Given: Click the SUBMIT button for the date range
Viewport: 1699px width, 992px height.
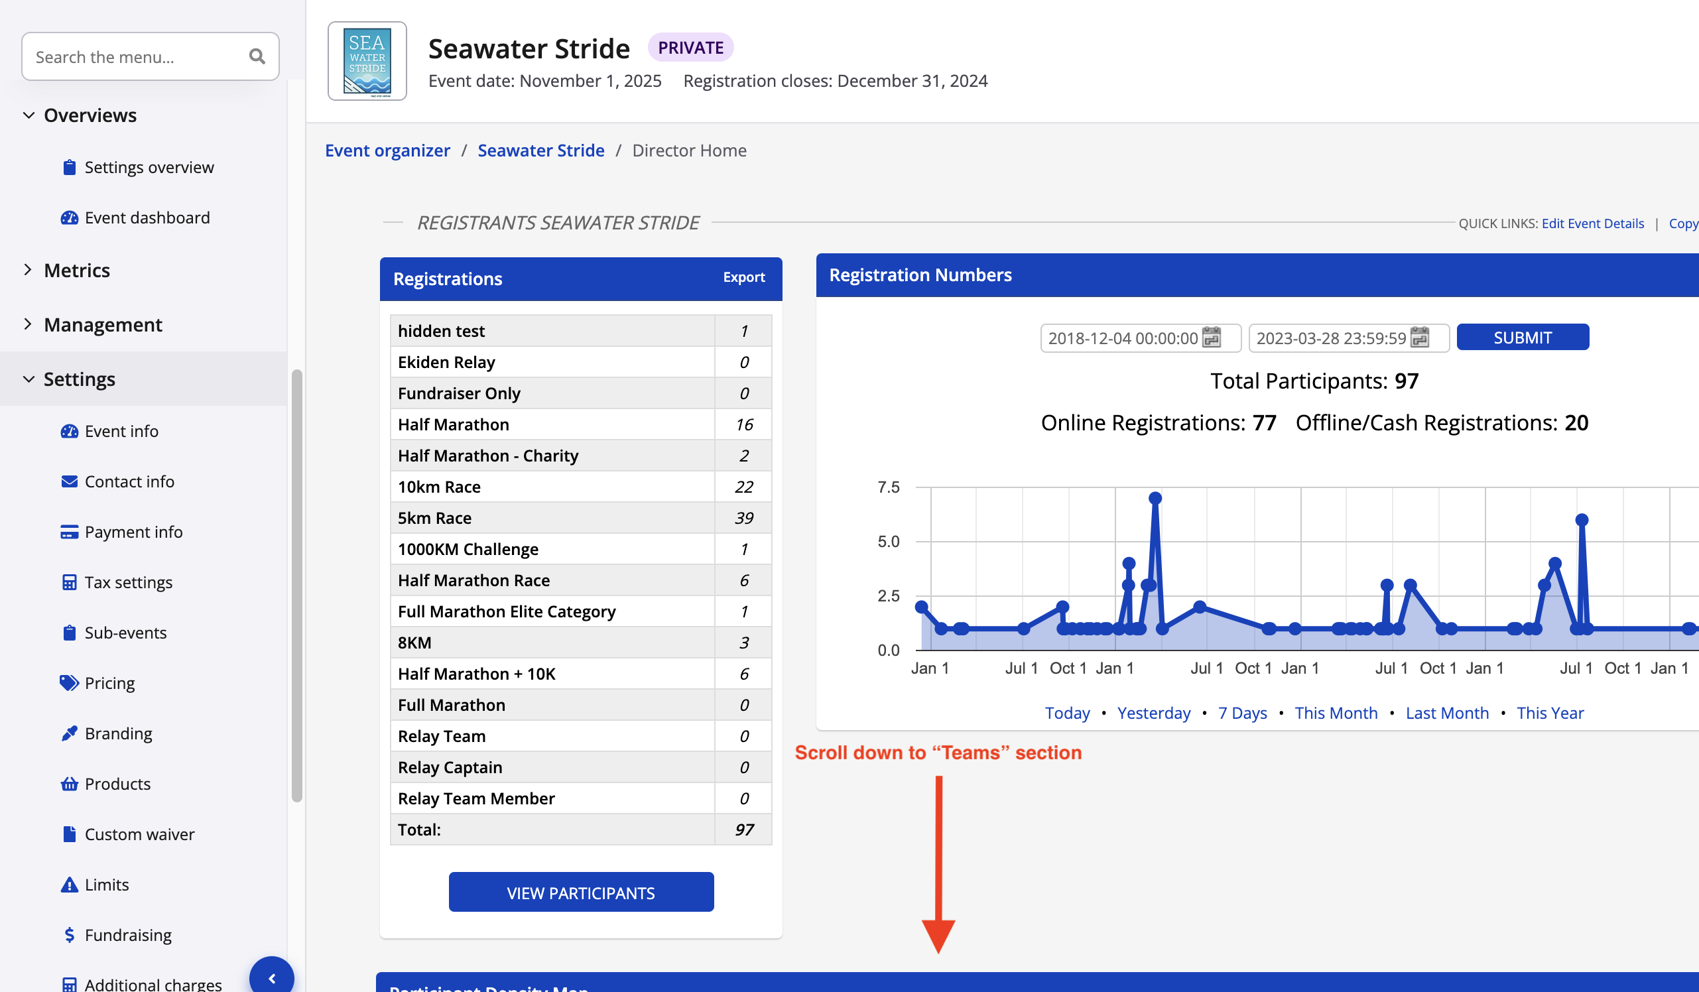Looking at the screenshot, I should (1522, 337).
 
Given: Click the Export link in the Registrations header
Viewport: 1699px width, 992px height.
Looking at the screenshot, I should (743, 277).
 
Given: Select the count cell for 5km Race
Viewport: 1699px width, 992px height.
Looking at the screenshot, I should (743, 518).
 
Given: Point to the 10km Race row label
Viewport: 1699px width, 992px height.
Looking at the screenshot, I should (439, 487).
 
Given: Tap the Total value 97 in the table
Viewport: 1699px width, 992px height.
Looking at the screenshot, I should (743, 830).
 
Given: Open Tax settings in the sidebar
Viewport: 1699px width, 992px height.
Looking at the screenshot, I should (128, 582).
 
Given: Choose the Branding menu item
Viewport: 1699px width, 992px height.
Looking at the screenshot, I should (118, 733).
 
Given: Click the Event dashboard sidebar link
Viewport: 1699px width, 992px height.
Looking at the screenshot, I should (147, 217).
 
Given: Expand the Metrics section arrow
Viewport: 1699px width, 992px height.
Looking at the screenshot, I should (28, 270).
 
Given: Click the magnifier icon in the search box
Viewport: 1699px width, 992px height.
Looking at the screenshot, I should (256, 56).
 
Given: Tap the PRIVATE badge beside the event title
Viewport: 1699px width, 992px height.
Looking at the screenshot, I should (690, 48).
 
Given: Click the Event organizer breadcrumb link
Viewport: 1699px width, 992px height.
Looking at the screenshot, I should (387, 151).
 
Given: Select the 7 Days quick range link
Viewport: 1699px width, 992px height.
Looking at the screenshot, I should (1242, 713).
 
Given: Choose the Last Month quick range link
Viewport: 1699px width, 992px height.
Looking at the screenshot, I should (1447, 713).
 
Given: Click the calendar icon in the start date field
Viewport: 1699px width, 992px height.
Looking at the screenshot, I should (1212, 337).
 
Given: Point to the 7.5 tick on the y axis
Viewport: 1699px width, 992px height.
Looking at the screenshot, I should (888, 487).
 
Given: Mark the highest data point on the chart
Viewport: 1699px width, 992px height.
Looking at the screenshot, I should (1155, 499).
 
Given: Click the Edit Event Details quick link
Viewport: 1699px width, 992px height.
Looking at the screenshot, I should (1592, 223).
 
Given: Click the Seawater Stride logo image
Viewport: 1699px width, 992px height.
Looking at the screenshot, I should (367, 62).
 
